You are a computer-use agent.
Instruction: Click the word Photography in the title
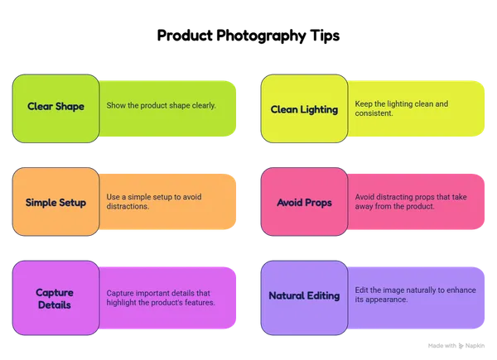[x=261, y=36]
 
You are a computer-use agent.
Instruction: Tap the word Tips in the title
[x=325, y=36]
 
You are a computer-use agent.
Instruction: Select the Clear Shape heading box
[x=55, y=108]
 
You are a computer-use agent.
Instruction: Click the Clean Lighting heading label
[x=304, y=109]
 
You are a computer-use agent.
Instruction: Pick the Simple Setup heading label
[x=55, y=203]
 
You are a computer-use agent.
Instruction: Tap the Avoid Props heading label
[x=304, y=203]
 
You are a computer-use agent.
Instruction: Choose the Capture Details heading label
[x=55, y=299]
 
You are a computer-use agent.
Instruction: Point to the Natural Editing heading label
[x=304, y=295]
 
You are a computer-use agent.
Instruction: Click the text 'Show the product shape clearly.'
[x=161, y=105]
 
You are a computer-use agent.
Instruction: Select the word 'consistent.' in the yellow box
[x=374, y=113]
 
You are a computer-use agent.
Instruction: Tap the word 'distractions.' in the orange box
[x=128, y=206]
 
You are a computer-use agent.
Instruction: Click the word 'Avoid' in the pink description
[x=364, y=197]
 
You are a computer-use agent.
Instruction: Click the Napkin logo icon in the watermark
[x=461, y=346]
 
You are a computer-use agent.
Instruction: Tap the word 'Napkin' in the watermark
[x=475, y=346]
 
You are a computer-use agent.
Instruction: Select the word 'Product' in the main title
[x=185, y=36]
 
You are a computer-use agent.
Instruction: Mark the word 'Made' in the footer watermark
[x=434, y=346]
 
